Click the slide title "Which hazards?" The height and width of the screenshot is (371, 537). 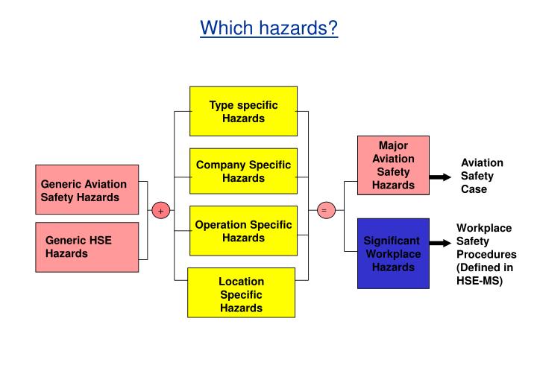pos(269,28)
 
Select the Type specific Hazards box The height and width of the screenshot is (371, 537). pos(243,111)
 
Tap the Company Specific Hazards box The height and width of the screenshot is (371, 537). pos(243,171)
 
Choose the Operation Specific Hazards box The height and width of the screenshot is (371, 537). pos(243,230)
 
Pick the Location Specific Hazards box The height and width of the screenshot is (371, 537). pos(241,294)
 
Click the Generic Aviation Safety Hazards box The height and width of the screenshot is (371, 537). pos(87,189)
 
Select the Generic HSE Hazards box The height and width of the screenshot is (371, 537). pos(87,247)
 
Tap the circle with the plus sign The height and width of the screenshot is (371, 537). pos(160,211)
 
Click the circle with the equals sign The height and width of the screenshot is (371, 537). pos(324,211)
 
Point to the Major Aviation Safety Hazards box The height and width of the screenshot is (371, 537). pos(393,165)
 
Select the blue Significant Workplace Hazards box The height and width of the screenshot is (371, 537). pos(393,253)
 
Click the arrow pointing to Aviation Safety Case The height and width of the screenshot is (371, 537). pos(440,177)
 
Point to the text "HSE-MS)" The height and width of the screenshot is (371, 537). pos(479,281)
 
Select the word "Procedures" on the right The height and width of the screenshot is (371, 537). pos(486,254)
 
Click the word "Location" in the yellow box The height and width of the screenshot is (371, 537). pos(241,281)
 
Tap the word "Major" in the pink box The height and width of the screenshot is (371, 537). pos(393,145)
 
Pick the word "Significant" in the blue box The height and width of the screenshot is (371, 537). pos(392,241)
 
